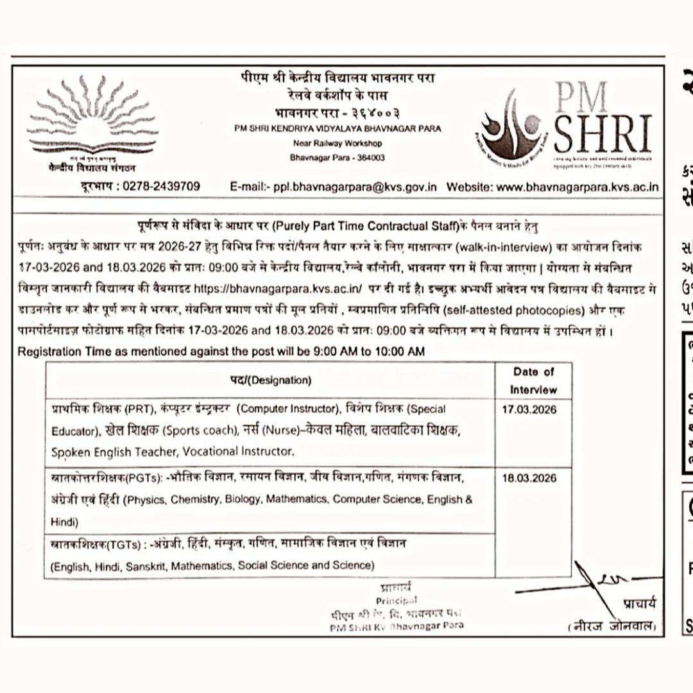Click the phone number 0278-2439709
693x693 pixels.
click(x=161, y=187)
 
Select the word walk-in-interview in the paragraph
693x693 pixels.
click(x=495, y=246)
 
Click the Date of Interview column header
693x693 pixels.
click(x=533, y=381)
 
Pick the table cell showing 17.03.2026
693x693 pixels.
click(x=529, y=409)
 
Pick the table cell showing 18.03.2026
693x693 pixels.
click(x=529, y=478)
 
